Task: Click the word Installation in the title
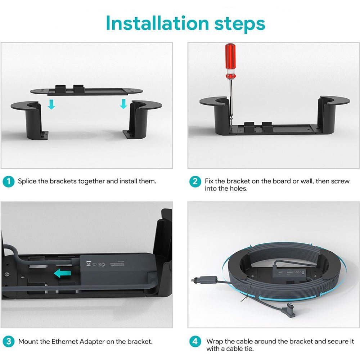[157, 23]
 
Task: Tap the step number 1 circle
[9, 181]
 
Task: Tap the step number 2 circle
[195, 181]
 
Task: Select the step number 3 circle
[9, 341]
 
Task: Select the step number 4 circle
[195, 341]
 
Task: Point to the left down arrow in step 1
[51, 104]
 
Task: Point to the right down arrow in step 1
[123, 104]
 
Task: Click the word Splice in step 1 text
[27, 181]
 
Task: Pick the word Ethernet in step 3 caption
[64, 341]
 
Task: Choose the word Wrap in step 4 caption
[215, 341]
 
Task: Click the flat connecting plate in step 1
[86, 91]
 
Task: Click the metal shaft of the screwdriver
[231, 101]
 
